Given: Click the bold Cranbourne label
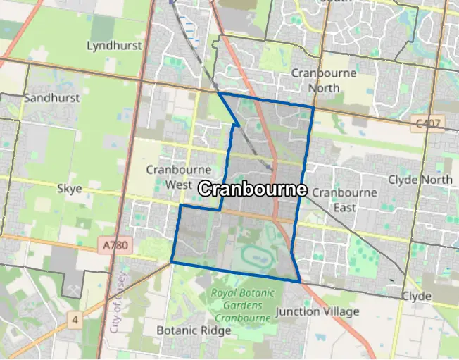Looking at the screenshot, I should (x=253, y=190).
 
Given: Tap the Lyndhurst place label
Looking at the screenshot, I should (x=114, y=46).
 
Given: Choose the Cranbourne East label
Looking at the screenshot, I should (x=344, y=199).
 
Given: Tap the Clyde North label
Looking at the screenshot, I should (x=420, y=179).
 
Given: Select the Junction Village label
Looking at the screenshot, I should (x=317, y=311).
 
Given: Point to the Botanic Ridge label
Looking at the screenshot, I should (x=184, y=330).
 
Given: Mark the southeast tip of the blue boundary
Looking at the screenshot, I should (x=301, y=283).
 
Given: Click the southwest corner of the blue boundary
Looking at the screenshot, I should (x=171, y=263).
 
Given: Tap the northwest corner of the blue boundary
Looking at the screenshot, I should (x=218, y=92).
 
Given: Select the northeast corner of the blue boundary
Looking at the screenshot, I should (x=313, y=107).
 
